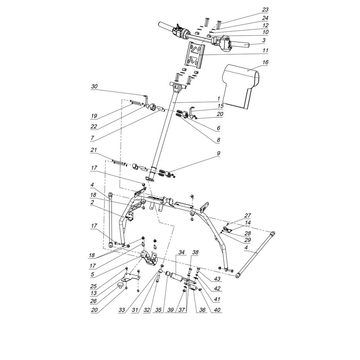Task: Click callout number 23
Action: coord(265,10)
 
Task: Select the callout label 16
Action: coord(265,62)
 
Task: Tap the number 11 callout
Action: coord(265,50)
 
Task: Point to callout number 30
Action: coord(94,86)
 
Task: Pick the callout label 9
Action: coord(219,153)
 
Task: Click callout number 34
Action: coord(181,252)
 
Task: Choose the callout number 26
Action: coord(93,301)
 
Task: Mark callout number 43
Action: coord(217,279)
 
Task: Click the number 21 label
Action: coord(94,150)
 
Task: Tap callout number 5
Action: coord(92,274)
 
